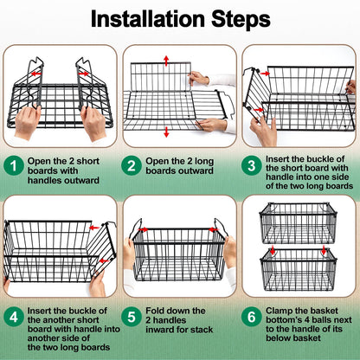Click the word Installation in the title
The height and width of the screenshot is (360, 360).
click(146, 18)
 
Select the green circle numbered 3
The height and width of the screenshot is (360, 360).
click(253, 164)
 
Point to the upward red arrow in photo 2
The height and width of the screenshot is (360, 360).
click(165, 60)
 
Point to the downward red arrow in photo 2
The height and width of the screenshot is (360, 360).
click(165, 132)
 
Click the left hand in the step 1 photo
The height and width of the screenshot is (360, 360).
click(29, 121)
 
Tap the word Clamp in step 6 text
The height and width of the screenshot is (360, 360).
click(285, 312)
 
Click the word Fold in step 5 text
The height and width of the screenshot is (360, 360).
click(162, 312)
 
